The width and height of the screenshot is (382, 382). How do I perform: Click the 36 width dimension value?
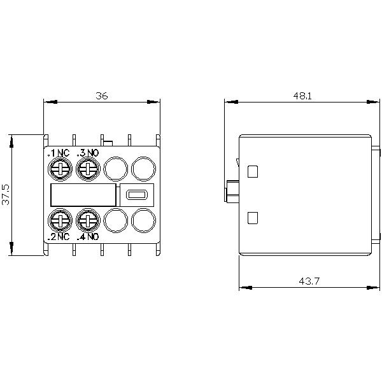tap(102, 95)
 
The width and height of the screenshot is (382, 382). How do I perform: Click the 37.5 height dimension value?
tap(6, 194)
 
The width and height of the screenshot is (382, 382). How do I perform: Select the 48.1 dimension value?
tap(302, 95)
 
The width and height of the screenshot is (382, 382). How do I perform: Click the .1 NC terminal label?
tap(59, 153)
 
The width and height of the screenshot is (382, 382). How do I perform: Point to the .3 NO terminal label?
tap(87, 153)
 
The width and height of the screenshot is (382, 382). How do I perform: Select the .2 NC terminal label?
tap(59, 237)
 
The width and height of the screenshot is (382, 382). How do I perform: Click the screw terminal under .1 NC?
tap(59, 168)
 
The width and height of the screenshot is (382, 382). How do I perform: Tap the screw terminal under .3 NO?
tap(87, 168)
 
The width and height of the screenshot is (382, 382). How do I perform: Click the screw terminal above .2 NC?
tap(59, 221)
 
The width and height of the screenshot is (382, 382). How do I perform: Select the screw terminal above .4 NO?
tap(87, 221)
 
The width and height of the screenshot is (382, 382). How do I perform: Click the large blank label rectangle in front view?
tap(83, 195)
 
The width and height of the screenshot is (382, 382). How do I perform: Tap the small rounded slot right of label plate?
tap(136, 195)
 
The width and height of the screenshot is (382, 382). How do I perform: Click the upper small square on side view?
tap(252, 171)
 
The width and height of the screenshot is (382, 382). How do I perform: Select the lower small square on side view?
tap(252, 218)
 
